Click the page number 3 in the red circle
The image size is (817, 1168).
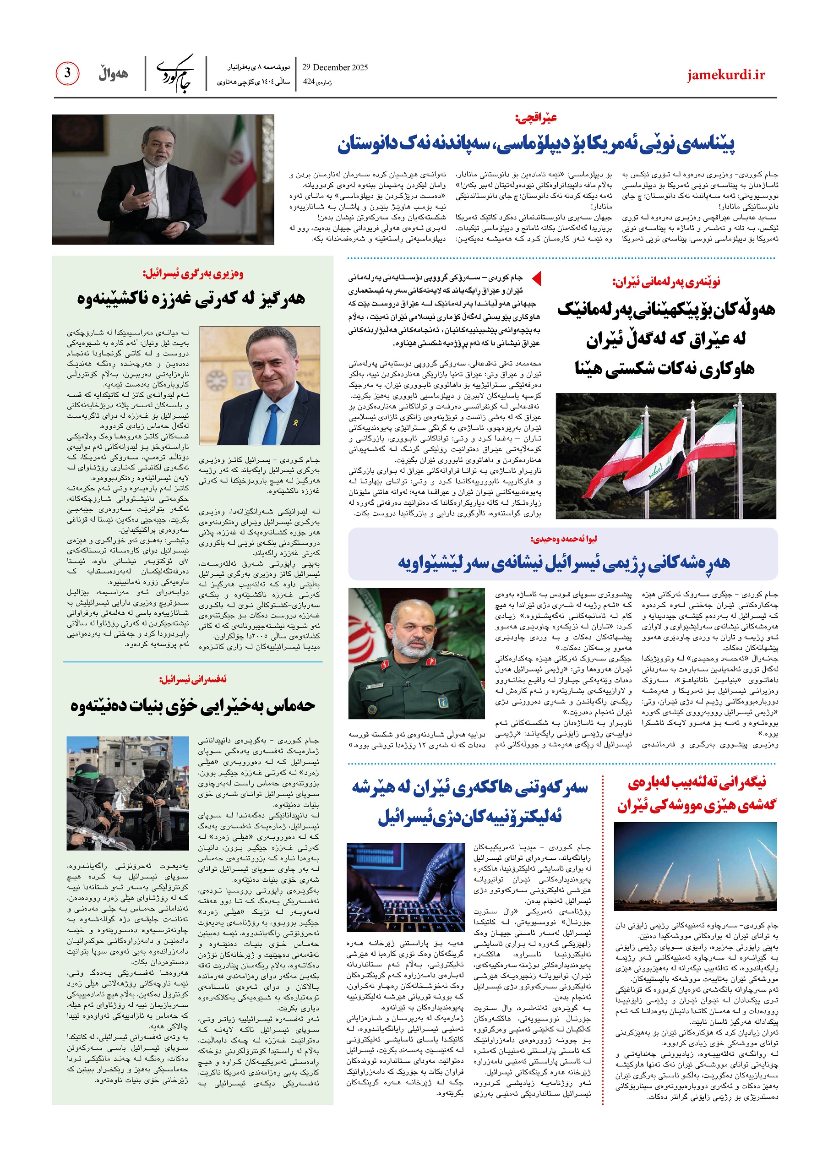[67, 73]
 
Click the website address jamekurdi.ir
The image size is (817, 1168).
[726, 75]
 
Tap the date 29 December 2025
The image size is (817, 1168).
[335, 67]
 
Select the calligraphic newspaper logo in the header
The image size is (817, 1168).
[175, 73]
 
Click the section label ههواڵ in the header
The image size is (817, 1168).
[113, 74]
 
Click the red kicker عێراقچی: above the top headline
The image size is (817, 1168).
[536, 118]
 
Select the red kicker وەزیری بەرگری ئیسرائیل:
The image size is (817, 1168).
[193, 274]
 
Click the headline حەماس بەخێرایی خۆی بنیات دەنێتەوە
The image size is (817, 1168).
[193, 705]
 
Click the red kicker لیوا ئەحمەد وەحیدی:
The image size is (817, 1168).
[563, 539]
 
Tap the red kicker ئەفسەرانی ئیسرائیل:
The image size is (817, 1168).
[193, 679]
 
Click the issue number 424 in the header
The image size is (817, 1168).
[309, 82]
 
